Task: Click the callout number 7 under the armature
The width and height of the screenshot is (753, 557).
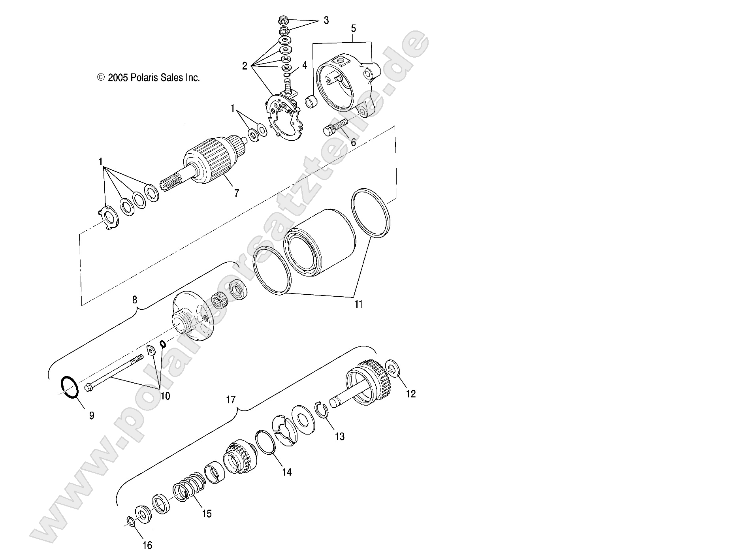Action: pos(236,193)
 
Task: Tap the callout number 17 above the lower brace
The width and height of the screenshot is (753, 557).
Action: pos(230,400)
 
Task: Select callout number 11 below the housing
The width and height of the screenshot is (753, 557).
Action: pos(358,304)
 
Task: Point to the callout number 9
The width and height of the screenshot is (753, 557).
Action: pos(91,416)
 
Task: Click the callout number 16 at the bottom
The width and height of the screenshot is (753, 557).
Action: pos(147,546)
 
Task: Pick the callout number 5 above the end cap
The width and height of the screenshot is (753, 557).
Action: pos(353,28)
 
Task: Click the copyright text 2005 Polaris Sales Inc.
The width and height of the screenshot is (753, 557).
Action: pos(149,78)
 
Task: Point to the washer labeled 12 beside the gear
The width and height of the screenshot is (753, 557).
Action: pos(392,367)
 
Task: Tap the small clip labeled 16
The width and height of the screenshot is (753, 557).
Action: pos(131,521)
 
